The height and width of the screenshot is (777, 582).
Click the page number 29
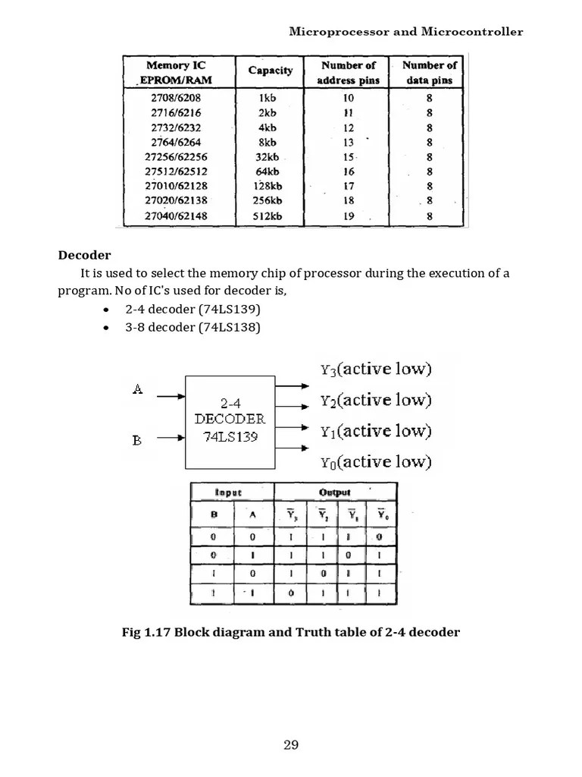pos(291,744)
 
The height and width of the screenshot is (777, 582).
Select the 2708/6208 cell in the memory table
pos(177,98)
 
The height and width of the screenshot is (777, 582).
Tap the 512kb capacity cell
pos(268,216)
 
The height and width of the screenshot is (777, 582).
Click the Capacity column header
pos(270,71)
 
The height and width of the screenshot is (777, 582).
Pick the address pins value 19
pos(349,216)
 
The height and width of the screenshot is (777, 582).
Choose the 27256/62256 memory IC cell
pos(177,157)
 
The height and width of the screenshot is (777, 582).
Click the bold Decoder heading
pos(85,255)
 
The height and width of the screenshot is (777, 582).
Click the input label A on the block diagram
pos(137,389)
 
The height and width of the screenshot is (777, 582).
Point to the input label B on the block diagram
pos(137,439)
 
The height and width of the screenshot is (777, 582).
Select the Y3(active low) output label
pos(375,370)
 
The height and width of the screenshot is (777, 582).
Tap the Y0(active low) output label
pos(375,461)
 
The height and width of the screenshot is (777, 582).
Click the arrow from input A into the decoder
pos(167,395)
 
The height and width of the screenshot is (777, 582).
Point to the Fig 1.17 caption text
pos(290,632)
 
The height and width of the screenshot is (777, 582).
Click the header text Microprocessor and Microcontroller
pos(405,32)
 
